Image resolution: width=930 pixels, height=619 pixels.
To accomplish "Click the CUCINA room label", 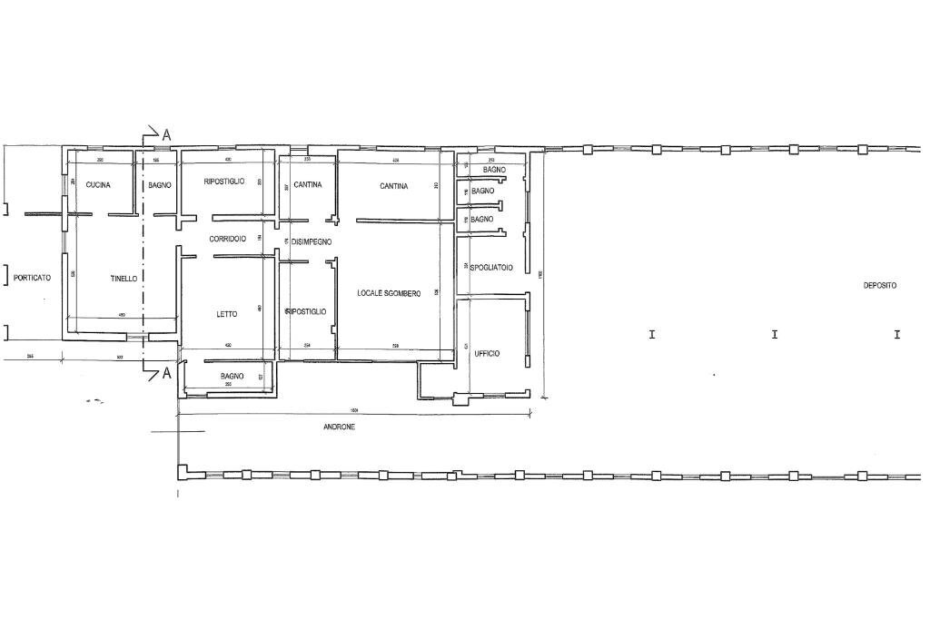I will coord(98,185).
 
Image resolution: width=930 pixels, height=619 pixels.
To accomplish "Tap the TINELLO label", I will coord(124,279).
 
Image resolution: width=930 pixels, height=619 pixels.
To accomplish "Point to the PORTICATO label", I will coord(32,278).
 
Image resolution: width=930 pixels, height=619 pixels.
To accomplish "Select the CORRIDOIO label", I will coord(227,239).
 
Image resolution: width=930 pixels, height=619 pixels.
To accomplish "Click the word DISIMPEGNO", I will coord(312,242).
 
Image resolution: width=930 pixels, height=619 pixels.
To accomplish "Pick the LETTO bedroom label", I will coord(227,314).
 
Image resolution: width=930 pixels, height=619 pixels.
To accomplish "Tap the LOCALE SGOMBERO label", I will coord(389,293).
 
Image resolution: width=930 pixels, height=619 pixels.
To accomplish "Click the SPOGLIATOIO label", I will coord(492,268).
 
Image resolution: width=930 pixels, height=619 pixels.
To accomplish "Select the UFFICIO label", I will coord(487,353).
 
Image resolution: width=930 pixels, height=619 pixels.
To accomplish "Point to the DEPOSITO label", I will coord(879,285).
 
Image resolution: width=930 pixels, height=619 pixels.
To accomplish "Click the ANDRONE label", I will coord(339,427).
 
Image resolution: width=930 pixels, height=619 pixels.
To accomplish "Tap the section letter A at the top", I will coord(166,134).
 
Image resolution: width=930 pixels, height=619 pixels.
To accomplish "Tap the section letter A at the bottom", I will coord(166,374).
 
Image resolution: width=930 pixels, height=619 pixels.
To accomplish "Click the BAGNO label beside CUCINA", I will coord(160,185).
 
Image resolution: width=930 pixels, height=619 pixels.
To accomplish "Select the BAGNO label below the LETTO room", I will coord(232,376).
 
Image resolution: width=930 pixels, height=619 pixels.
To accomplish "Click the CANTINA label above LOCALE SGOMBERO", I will coord(394,186).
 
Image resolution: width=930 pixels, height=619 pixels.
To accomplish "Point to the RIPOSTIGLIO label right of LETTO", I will coord(306,311).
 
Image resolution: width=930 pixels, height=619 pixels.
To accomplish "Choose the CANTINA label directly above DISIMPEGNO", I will coord(308,185).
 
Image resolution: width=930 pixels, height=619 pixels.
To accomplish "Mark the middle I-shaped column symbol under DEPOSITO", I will coord(775,334).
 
